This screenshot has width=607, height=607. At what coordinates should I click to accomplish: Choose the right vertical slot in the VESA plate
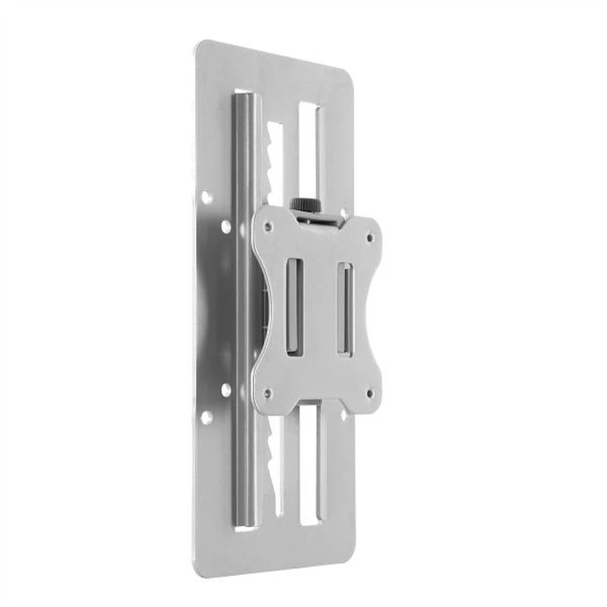(x=344, y=309)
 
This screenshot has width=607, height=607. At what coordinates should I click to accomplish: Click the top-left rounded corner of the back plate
(x=201, y=45)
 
